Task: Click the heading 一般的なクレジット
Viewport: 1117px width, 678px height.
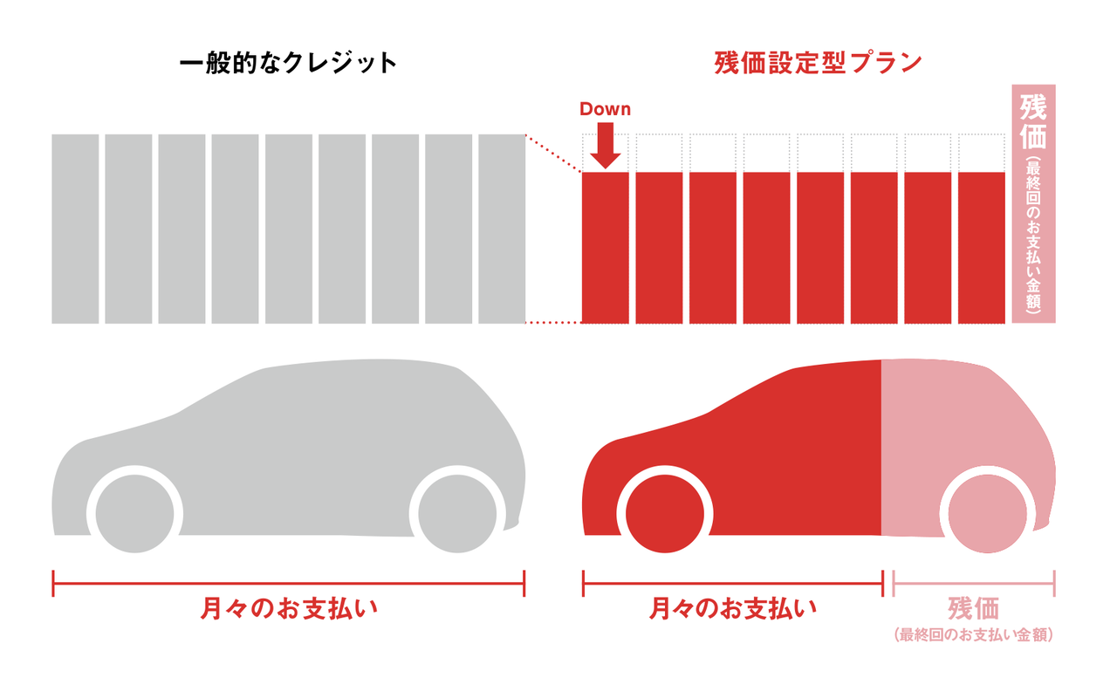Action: [288, 64]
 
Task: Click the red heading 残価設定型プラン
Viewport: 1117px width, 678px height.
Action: [818, 64]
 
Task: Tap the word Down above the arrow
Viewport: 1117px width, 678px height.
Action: [605, 109]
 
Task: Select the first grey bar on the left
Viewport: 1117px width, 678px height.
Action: [75, 229]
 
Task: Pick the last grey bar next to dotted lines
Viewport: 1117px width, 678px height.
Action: [502, 229]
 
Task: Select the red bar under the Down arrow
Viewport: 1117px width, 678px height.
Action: [605, 248]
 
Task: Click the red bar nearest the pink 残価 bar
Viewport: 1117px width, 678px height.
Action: [982, 248]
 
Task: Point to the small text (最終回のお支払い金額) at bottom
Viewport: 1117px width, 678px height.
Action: [973, 635]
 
